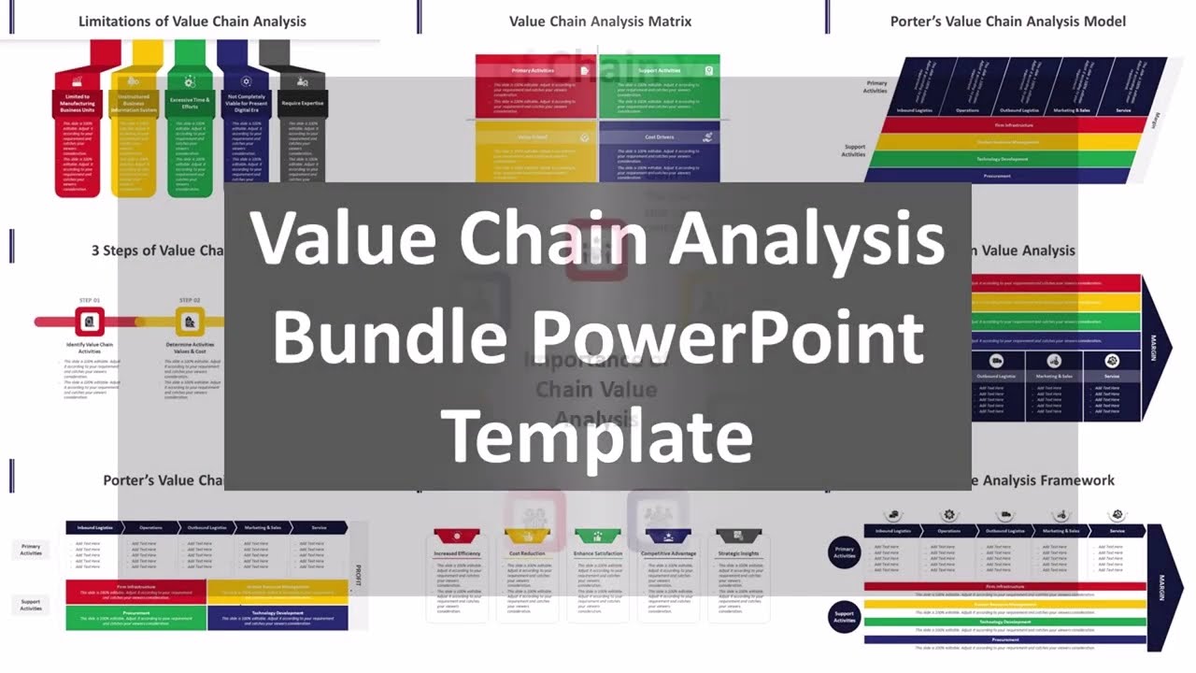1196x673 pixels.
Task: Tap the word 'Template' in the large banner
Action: click(x=597, y=435)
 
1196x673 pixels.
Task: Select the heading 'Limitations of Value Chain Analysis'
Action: click(x=192, y=21)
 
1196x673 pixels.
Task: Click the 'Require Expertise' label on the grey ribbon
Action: click(x=302, y=103)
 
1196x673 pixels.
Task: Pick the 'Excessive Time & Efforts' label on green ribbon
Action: click(x=190, y=103)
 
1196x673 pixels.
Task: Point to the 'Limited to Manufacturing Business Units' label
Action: click(x=78, y=103)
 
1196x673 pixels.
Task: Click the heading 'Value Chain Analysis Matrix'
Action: click(x=600, y=21)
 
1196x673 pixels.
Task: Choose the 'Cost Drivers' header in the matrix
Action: click(x=659, y=137)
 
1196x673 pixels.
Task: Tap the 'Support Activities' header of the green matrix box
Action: click(x=659, y=71)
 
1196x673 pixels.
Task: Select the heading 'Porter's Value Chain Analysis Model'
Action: click(x=1007, y=21)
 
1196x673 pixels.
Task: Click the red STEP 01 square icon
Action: click(x=90, y=322)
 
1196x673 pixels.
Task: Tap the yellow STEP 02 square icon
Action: click(x=190, y=322)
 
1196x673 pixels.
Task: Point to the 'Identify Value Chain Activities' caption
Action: click(x=90, y=349)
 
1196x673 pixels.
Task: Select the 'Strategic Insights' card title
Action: click(x=738, y=554)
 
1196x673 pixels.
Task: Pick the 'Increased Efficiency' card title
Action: click(x=457, y=554)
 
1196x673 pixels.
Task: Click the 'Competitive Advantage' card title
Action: click(x=668, y=554)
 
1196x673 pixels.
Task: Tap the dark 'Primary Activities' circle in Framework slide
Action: click(x=845, y=552)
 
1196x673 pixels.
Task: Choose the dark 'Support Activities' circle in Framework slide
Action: click(x=845, y=616)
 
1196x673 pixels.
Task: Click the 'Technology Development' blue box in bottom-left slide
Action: click(x=277, y=617)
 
